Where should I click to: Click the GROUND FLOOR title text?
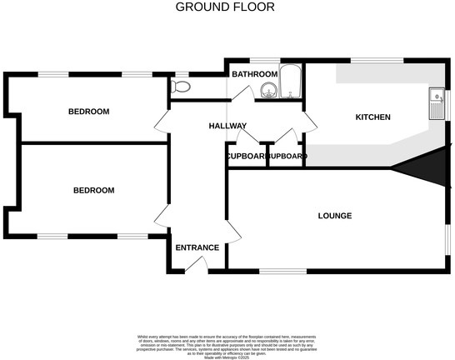(224, 7)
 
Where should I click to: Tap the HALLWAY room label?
(227, 126)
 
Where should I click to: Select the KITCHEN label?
(372, 117)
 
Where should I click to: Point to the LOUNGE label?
(334, 216)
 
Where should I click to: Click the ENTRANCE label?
(197, 247)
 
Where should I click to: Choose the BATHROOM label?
(253, 74)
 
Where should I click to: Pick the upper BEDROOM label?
(88, 112)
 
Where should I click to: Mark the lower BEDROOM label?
(93, 191)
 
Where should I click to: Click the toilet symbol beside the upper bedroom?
(180, 86)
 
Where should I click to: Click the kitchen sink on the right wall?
(435, 105)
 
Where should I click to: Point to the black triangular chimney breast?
(422, 168)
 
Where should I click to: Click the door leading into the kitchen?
(309, 123)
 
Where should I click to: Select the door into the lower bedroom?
(160, 217)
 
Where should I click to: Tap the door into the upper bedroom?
(160, 127)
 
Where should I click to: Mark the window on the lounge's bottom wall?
(282, 272)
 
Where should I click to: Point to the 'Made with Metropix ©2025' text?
(227, 356)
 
